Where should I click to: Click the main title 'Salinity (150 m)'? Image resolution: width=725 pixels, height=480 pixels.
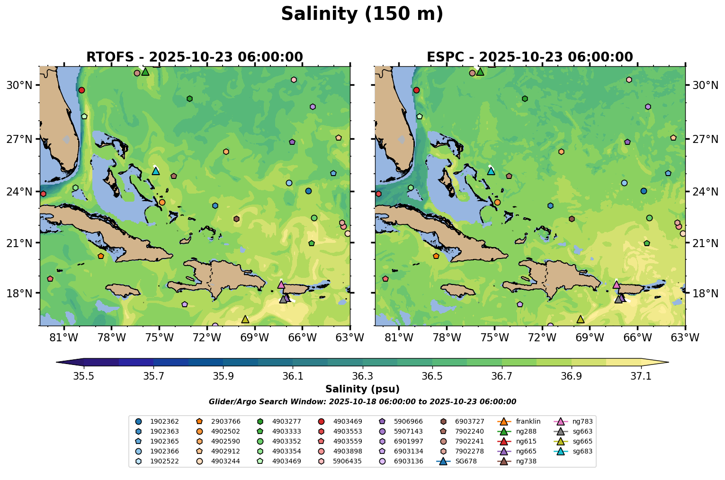362,14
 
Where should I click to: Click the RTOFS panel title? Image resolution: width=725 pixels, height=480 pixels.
194,57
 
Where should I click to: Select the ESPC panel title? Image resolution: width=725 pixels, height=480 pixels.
529,57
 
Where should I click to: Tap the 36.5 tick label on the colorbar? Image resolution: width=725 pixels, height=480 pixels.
432,376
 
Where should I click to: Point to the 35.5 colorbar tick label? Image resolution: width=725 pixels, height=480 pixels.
84,376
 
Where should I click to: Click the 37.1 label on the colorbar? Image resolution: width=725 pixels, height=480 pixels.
641,376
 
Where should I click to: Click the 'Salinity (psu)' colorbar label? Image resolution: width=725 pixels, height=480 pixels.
362,389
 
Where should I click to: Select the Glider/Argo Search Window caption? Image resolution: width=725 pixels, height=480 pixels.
362,402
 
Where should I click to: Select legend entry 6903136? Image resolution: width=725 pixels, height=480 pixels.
408,461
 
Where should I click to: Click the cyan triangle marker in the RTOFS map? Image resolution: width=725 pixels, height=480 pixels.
156,171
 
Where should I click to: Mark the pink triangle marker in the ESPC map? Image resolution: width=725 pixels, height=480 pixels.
616,284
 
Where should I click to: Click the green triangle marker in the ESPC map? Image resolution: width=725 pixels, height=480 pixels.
480,71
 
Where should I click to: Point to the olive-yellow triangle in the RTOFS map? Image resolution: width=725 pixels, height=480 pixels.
245,319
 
